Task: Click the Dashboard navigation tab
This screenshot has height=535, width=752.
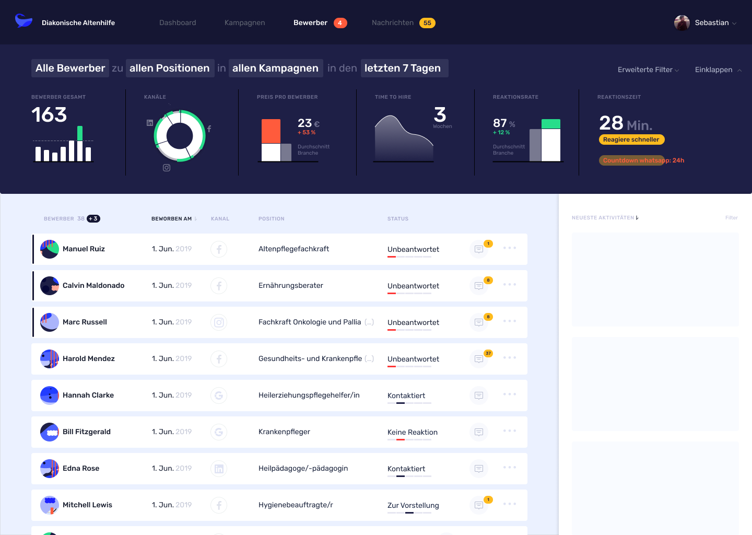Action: pyautogui.click(x=178, y=23)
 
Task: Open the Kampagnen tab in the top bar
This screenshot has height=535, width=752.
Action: pyautogui.click(x=244, y=23)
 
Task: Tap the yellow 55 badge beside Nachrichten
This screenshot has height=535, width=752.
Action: pyautogui.click(x=427, y=23)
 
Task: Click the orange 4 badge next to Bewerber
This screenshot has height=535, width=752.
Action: pyautogui.click(x=340, y=23)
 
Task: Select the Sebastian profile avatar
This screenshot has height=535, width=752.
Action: pyautogui.click(x=682, y=23)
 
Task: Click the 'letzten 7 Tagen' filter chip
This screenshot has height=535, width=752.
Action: pyautogui.click(x=403, y=68)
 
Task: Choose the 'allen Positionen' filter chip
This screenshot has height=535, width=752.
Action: pyautogui.click(x=169, y=68)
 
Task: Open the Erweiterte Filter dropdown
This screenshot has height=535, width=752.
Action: pyautogui.click(x=648, y=70)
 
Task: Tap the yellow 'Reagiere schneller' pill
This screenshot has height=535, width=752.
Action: pyautogui.click(x=631, y=139)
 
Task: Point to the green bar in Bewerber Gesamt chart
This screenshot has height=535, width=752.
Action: pyautogui.click(x=80, y=133)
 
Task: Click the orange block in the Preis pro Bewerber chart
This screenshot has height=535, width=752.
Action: pyautogui.click(x=271, y=131)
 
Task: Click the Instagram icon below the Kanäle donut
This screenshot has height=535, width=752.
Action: pyautogui.click(x=167, y=168)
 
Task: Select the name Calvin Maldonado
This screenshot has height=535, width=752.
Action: pyautogui.click(x=93, y=286)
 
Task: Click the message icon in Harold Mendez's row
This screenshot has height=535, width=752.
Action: pyautogui.click(x=479, y=359)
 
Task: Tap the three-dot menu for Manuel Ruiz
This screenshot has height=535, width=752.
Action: pyautogui.click(x=510, y=248)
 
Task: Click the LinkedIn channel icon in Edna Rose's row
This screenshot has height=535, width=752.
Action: pyautogui.click(x=219, y=469)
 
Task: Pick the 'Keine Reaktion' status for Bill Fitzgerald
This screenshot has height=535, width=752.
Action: pyautogui.click(x=413, y=433)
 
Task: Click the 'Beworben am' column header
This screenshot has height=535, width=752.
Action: pyautogui.click(x=172, y=219)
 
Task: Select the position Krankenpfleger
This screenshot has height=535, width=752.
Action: pyautogui.click(x=284, y=432)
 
